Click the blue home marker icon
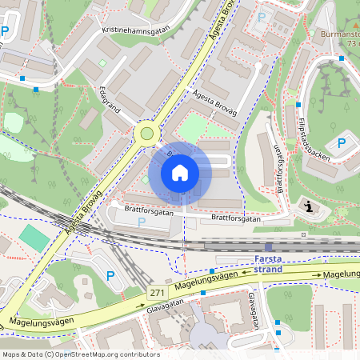tap(180, 173)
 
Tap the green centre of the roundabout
tap(146, 133)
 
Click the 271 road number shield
tap(156, 294)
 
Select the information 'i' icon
tap(310, 207)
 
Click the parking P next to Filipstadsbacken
tap(342, 144)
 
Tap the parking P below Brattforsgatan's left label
tap(142, 222)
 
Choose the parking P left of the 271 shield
tap(111, 276)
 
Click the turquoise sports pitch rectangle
tap(34, 237)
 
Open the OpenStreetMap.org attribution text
tap(80, 354)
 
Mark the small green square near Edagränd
tap(102, 63)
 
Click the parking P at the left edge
tap(6, 32)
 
